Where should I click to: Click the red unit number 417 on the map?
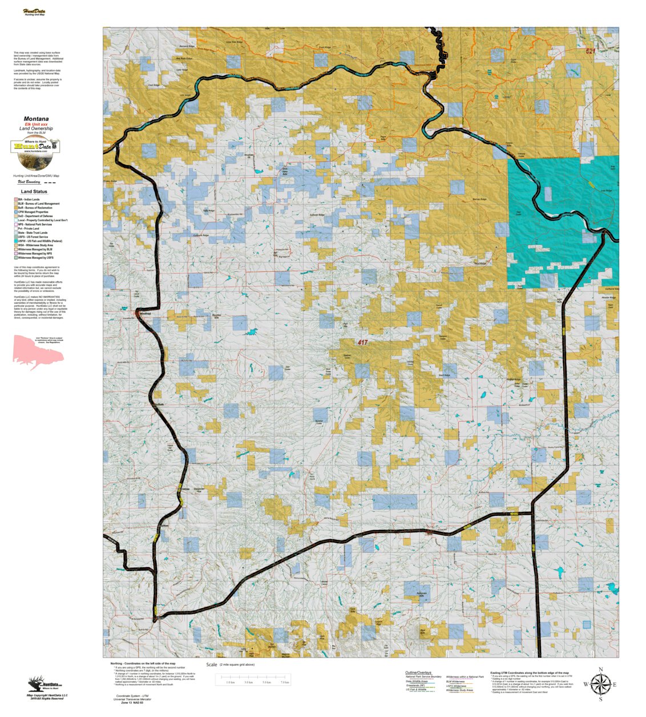click(x=362, y=343)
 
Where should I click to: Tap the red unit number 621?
click(x=590, y=51)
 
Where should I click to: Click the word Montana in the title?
click(x=36, y=119)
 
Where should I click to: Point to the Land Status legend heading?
click(x=34, y=192)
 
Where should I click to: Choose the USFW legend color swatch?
click(x=15, y=241)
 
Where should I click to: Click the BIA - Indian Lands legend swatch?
click(x=15, y=199)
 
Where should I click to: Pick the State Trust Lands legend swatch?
click(x=15, y=233)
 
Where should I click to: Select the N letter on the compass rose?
click(x=600, y=669)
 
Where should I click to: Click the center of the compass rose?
click(x=600, y=684)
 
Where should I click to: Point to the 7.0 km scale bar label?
click(x=284, y=682)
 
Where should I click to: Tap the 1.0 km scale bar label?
click(x=231, y=682)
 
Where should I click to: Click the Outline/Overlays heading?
click(x=418, y=673)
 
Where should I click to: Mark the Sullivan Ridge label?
click(x=317, y=215)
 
